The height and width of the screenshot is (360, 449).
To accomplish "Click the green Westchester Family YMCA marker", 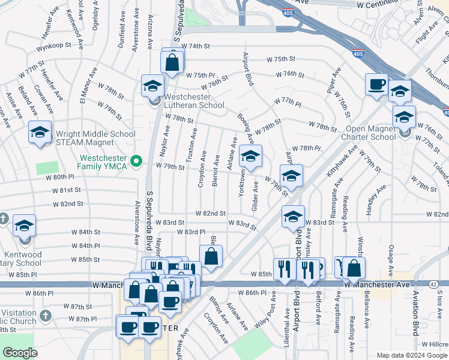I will [136, 160].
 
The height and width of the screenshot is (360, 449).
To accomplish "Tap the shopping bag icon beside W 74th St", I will [172, 62].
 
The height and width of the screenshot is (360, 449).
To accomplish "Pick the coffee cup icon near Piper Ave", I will [376, 85].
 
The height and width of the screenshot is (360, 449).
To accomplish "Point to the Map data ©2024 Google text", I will [412, 355].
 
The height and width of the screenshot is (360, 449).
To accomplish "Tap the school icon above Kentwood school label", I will [25, 226].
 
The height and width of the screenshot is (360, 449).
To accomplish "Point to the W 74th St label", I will [196, 46].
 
